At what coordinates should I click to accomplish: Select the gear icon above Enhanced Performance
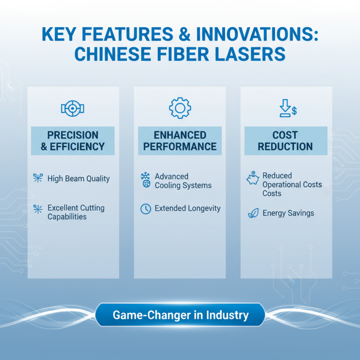click(180, 108)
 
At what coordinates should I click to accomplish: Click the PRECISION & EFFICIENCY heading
click(72, 140)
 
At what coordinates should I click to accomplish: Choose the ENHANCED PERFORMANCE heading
click(180, 140)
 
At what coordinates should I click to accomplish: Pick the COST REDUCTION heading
click(285, 140)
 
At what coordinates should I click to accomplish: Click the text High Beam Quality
click(78, 179)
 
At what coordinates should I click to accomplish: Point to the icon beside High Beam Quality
click(38, 178)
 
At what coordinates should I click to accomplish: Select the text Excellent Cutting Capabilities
click(76, 212)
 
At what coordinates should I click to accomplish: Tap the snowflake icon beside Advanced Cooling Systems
click(145, 177)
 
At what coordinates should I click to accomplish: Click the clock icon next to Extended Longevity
click(145, 209)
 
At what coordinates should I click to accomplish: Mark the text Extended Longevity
click(188, 208)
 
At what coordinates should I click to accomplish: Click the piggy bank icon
click(252, 179)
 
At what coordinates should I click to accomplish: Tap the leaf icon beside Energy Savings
click(253, 213)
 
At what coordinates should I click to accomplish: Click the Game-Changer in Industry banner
click(180, 315)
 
